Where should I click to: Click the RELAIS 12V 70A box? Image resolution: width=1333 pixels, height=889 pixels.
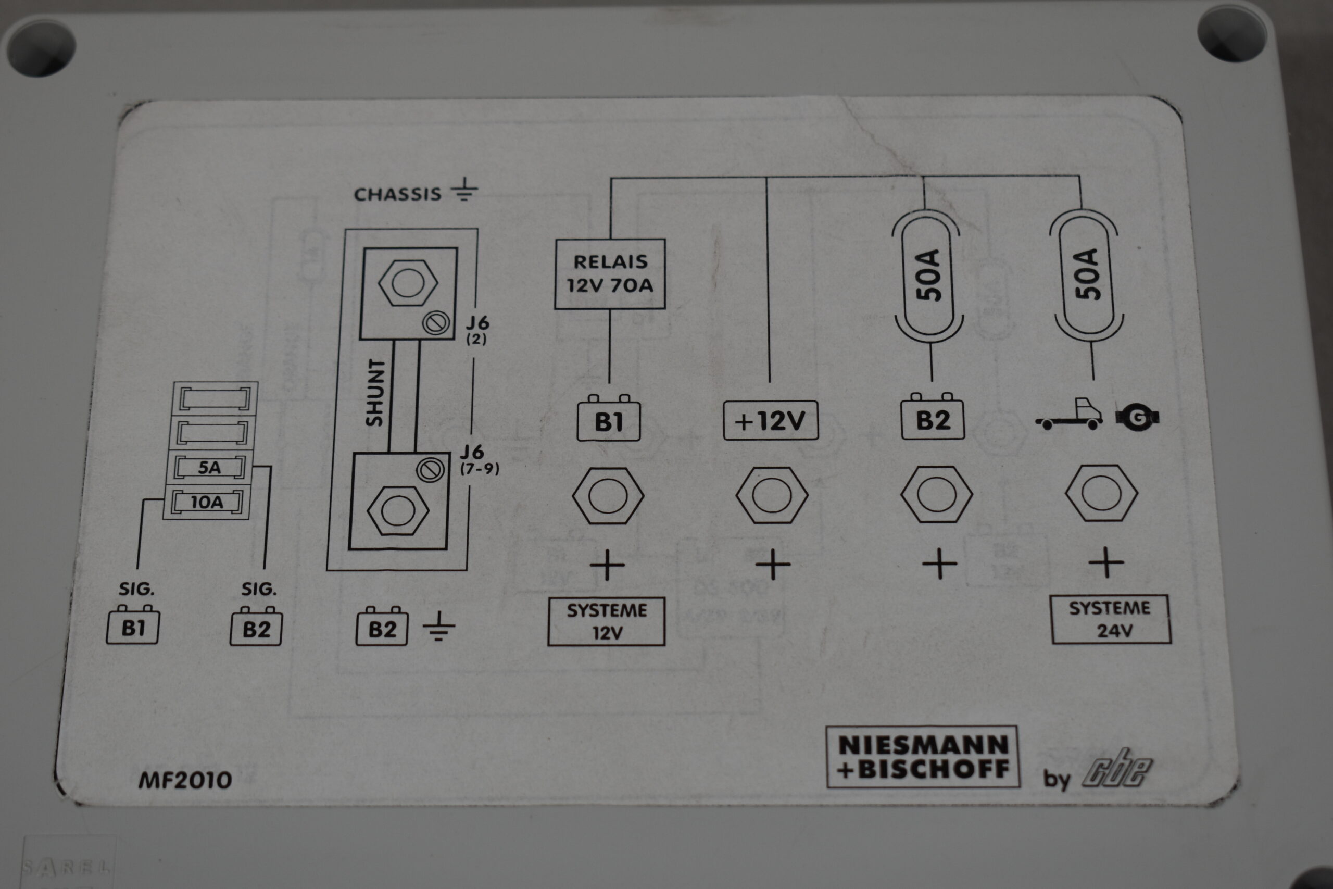coord(609,274)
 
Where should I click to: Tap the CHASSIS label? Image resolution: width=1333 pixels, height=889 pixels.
coord(397,194)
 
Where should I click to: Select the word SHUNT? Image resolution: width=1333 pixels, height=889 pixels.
coord(375,392)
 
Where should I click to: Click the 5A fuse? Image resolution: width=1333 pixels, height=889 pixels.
coord(210,468)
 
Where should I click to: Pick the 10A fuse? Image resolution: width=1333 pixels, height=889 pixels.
coord(207,502)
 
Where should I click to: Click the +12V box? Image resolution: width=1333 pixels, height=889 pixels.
coord(770,421)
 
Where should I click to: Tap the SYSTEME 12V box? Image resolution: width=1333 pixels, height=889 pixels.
coord(606,621)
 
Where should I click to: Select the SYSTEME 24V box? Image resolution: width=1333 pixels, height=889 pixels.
coord(1110,619)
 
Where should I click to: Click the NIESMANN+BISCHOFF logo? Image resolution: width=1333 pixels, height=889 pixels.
coord(922,757)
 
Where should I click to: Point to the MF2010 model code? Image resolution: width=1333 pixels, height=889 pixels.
coord(185,781)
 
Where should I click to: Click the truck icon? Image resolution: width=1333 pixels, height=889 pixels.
coord(1069,415)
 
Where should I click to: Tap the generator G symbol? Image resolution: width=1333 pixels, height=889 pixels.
coord(1136,418)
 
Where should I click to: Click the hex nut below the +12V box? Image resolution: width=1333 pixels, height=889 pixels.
coord(771,495)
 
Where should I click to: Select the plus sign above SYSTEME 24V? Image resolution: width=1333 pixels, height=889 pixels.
coord(1106,563)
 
